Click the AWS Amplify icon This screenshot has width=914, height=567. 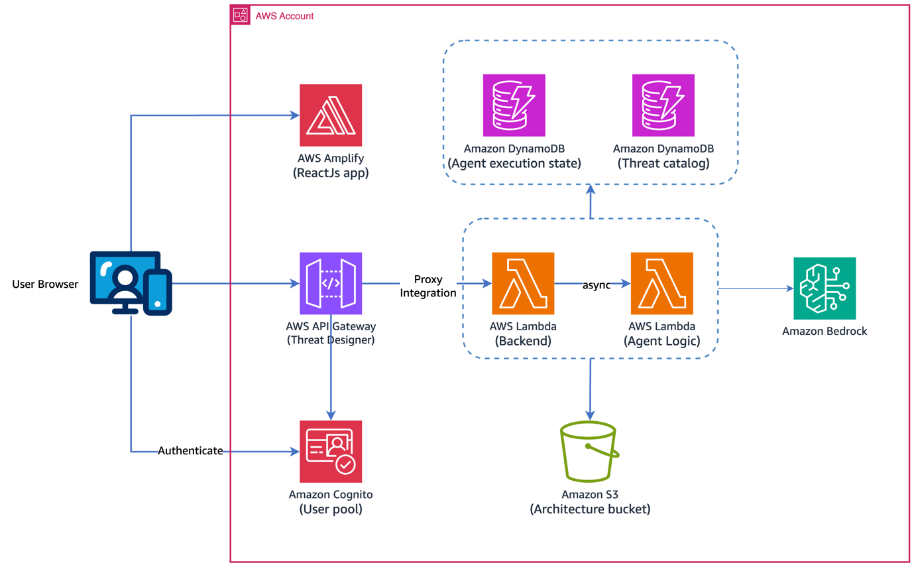331,115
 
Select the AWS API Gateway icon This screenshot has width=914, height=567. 331,283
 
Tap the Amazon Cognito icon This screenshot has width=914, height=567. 331,452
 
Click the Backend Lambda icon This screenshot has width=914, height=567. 523,283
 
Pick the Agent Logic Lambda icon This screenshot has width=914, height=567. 661,283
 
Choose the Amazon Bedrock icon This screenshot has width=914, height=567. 825,288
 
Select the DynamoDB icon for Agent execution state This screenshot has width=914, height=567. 514,105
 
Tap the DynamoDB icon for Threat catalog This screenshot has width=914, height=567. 663,105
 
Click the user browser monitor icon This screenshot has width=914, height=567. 131,283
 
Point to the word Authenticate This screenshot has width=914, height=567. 190,451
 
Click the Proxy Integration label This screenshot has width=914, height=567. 428,286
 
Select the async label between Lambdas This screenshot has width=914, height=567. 596,285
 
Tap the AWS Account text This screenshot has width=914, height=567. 284,16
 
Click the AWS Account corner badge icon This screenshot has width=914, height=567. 240,15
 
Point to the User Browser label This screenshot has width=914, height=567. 45,284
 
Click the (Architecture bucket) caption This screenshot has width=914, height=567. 590,509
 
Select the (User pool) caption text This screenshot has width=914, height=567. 331,509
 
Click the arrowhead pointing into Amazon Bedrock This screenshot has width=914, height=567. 789,288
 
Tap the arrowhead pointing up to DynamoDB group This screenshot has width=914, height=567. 590,189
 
